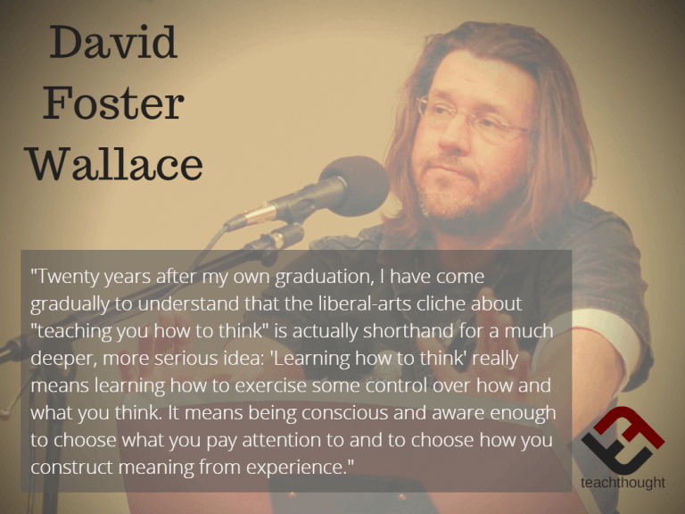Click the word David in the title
pos(113,44)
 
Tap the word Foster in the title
pos(113,104)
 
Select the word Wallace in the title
pos(114,165)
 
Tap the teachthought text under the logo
pos(621,482)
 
